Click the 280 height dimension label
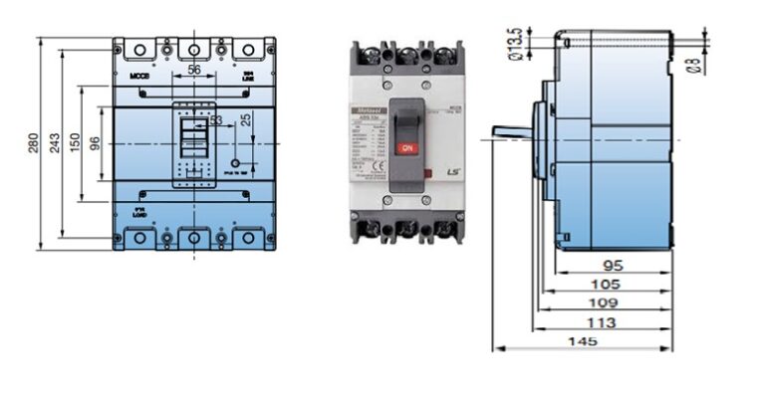(33, 142)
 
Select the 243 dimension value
(55, 143)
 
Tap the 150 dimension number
(74, 143)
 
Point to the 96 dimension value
(94, 143)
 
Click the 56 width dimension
(194, 69)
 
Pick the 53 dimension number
(216, 120)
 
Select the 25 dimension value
(245, 117)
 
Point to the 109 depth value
(604, 302)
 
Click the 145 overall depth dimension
(584, 341)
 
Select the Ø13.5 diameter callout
(515, 44)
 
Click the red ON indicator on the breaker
(406, 147)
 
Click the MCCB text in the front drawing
(138, 75)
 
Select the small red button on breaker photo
(427, 176)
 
